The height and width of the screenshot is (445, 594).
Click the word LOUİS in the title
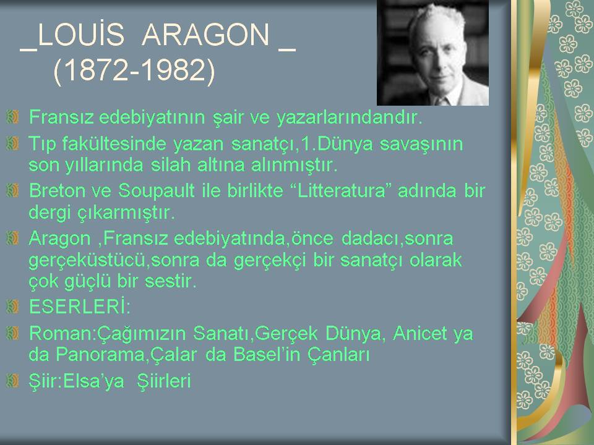point(80,35)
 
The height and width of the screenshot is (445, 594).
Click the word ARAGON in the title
point(206,35)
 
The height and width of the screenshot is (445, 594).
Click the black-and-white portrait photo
point(433,52)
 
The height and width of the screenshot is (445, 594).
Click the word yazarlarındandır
point(349,117)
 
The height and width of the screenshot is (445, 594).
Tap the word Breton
point(57,190)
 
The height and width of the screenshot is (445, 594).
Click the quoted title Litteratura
point(342,190)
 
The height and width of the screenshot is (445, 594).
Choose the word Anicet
point(420,333)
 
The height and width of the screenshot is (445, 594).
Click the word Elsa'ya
point(93,381)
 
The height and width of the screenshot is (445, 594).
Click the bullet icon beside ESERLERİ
point(12,307)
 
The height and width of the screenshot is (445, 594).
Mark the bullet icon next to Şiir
point(12,381)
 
